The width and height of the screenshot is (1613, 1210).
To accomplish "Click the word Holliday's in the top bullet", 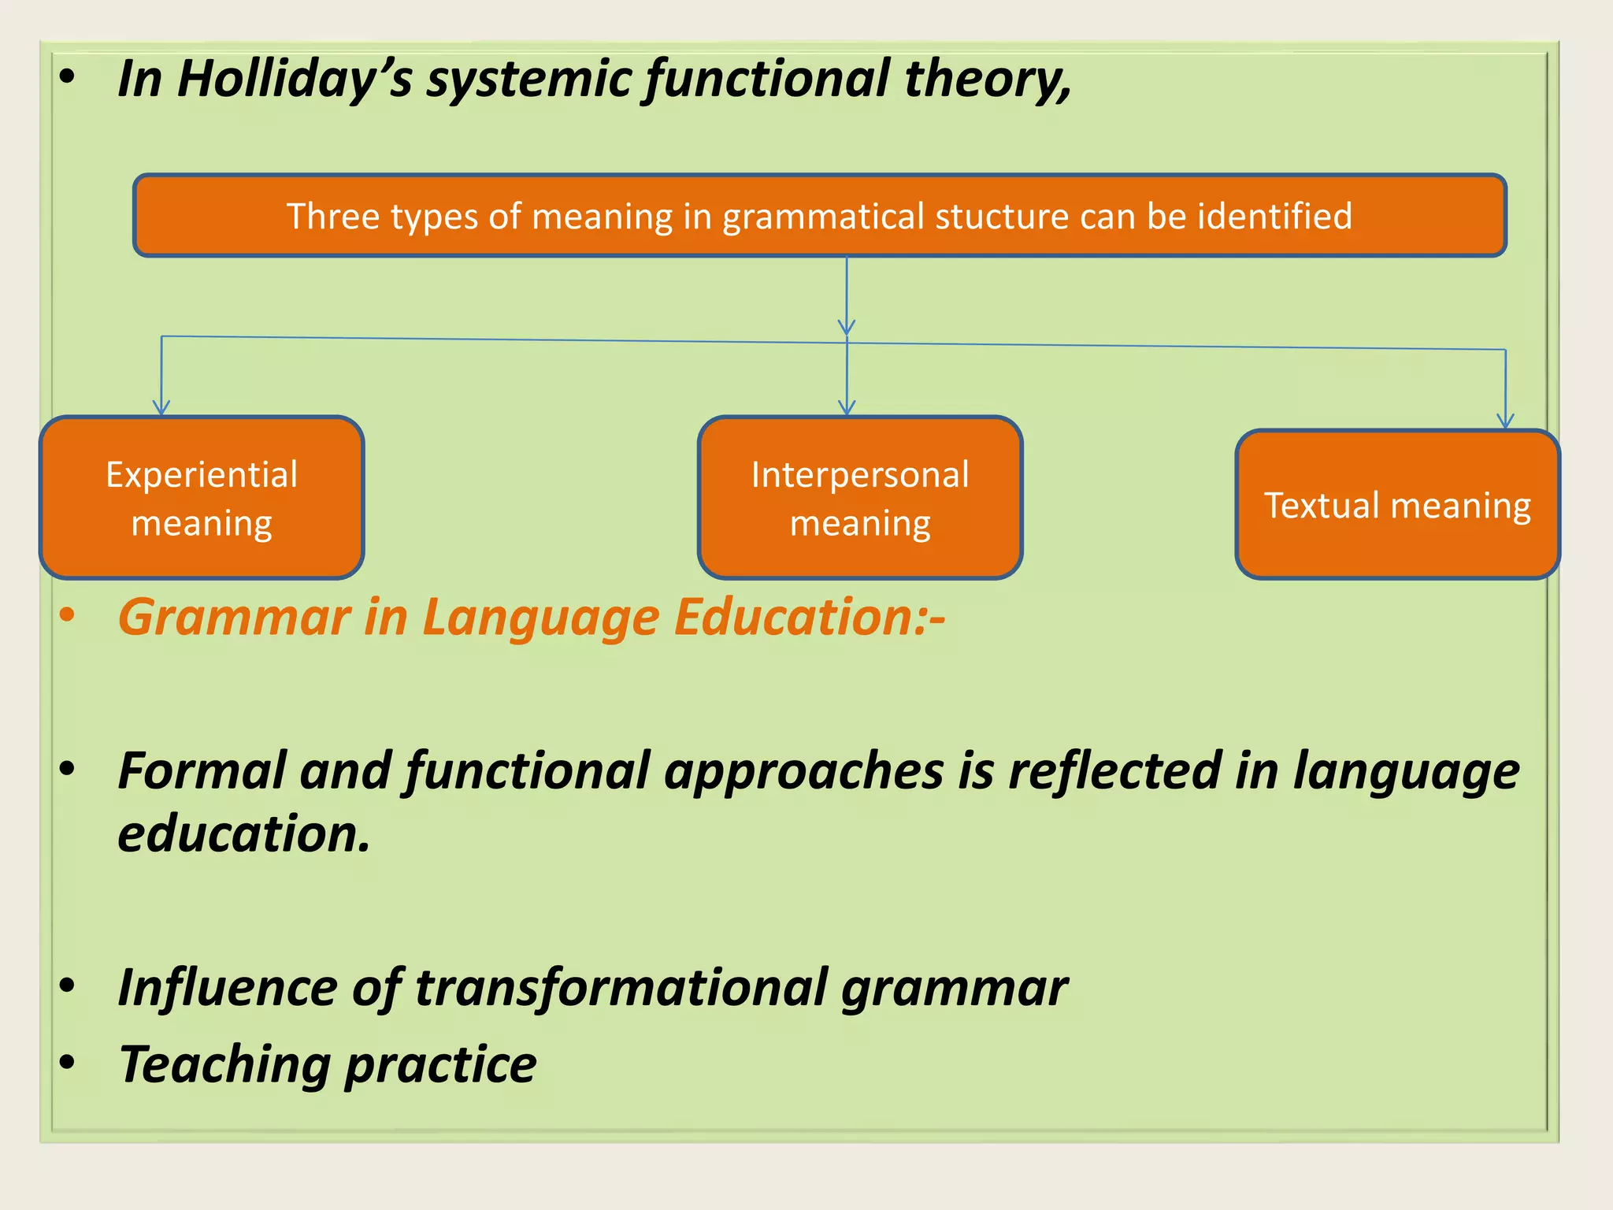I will click(294, 80).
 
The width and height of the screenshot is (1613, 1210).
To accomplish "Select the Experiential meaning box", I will click(202, 498).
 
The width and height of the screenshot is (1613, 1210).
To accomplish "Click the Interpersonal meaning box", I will click(860, 498).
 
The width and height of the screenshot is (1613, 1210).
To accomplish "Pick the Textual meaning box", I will click(1397, 505).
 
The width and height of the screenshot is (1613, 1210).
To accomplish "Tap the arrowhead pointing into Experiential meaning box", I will click(161, 408).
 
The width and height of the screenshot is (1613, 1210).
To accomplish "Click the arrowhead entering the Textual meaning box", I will click(1505, 421).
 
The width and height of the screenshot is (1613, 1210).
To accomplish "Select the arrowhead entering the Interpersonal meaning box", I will click(847, 408).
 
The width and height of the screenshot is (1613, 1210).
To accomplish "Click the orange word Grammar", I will click(234, 617).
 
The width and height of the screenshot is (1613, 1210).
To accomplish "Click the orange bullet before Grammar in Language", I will click(68, 615).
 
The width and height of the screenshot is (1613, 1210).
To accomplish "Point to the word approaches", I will click(803, 771).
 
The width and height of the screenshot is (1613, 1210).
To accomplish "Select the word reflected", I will click(1114, 771).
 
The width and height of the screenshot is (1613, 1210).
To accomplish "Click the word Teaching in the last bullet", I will click(224, 1065).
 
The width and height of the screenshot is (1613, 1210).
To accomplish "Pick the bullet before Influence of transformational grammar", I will click(68, 985).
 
